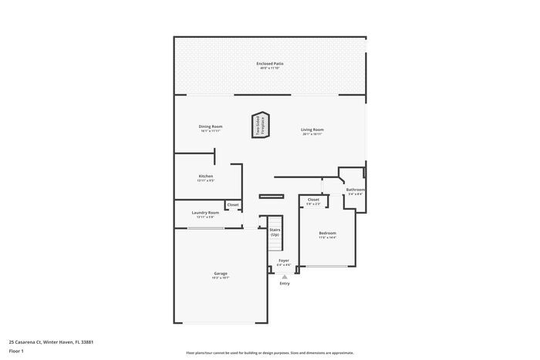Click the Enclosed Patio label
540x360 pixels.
tap(269, 63)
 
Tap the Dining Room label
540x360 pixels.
tap(210, 126)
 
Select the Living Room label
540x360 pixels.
tap(312, 130)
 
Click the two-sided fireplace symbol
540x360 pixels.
tap(261, 126)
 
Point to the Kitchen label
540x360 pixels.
tap(205, 177)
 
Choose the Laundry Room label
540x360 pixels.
tap(204, 213)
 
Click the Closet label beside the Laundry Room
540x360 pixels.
tap(232, 204)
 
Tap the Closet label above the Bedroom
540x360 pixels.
tap(313, 200)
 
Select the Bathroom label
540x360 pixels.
tap(355, 190)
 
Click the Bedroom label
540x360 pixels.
tap(327, 233)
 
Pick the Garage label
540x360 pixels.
tap(220, 273)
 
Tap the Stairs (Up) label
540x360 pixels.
tap(274, 231)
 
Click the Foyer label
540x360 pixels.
tap(284, 261)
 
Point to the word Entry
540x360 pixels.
tap(285, 284)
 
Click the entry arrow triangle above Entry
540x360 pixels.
tap(285, 276)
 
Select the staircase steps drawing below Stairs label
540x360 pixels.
tap(273, 247)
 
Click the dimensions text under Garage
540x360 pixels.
tap(220, 278)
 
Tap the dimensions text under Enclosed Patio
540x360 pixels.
tap(269, 69)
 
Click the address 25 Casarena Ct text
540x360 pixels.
tap(51, 341)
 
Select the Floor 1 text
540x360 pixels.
tap(16, 352)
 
